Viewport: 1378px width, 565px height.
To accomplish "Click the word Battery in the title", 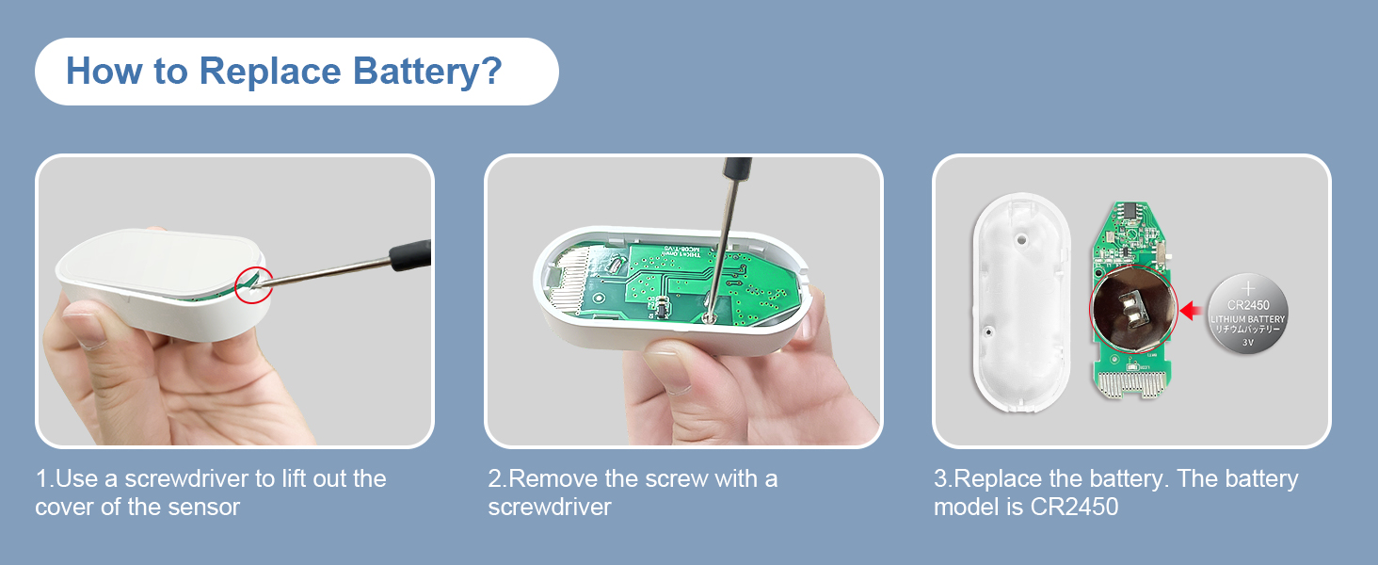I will [x=414, y=72].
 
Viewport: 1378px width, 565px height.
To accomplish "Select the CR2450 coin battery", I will [x=1247, y=314].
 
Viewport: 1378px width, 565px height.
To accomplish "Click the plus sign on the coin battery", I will [x=1248, y=286].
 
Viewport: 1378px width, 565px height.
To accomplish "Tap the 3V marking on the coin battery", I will [x=1248, y=344].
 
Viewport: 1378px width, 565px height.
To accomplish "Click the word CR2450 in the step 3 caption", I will [x=1073, y=507].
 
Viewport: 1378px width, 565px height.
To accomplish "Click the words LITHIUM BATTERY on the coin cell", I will [x=1248, y=320].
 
